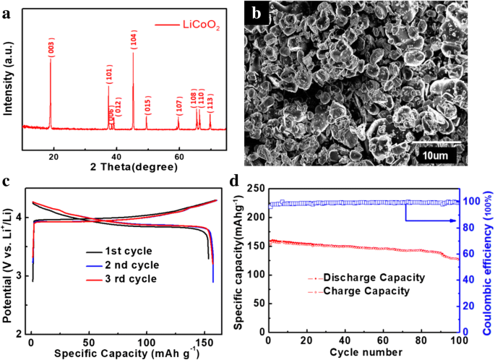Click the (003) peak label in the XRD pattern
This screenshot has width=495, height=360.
pos(51,48)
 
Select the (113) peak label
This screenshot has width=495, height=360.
pos(210,100)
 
